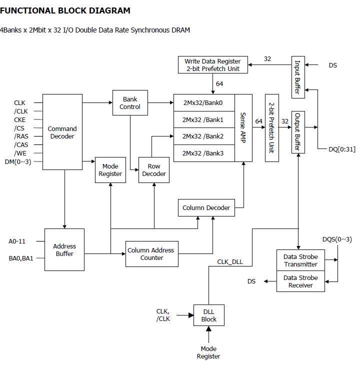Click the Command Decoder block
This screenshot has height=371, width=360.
coord(62,132)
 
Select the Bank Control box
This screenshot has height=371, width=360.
coord(130,102)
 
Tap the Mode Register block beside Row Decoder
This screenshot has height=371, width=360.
coord(110,170)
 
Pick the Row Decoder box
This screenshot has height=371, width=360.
coord(153,170)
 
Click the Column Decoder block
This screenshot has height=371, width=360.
coord(206,207)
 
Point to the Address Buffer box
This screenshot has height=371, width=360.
coord(64,249)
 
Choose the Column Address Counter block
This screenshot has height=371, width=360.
coord(151,253)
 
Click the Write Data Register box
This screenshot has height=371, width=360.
coord(213,65)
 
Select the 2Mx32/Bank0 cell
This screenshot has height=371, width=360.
coord(202,102)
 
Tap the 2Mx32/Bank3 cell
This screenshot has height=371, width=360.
coord(202,153)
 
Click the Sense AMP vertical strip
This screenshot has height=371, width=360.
coord(243,127)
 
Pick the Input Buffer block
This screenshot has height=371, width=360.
coord(298,77)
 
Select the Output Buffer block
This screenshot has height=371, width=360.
coord(298,132)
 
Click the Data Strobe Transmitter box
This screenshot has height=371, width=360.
coord(300,260)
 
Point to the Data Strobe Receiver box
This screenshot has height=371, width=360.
coord(300,281)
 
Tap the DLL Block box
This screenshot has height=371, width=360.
coord(209,315)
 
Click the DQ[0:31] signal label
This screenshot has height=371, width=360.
coord(341,149)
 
